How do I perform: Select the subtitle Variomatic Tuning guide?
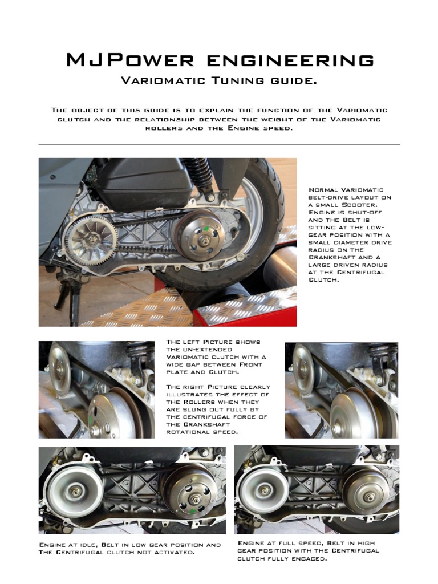tap(218, 81)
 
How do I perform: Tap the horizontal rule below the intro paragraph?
tap(218, 145)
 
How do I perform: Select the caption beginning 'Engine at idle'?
tap(129, 549)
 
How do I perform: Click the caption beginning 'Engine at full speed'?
tap(308, 551)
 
